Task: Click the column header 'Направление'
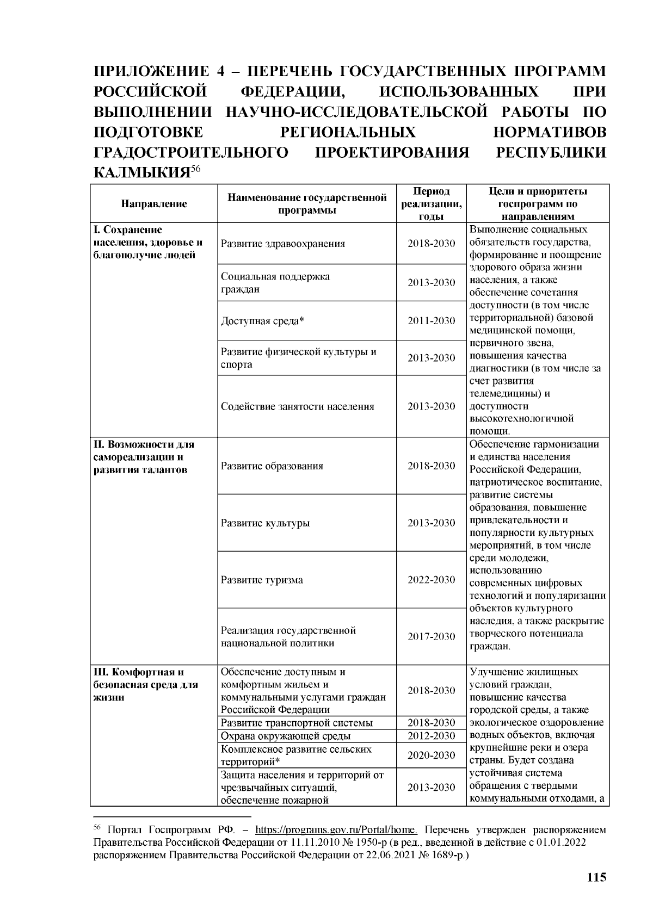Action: [x=153, y=204]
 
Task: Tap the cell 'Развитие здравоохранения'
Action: [x=283, y=244]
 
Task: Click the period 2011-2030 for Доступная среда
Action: [x=432, y=321]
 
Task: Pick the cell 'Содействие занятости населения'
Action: [x=298, y=406]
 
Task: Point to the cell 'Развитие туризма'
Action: [x=262, y=580]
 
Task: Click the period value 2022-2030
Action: [x=432, y=580]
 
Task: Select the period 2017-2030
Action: [x=432, y=636]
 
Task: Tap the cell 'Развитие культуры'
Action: [x=265, y=523]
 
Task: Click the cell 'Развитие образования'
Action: [x=272, y=466]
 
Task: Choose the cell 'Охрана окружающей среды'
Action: [x=286, y=736]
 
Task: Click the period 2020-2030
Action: [x=432, y=755]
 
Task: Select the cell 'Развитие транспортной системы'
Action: [x=297, y=723]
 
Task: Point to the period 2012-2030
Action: [x=432, y=736]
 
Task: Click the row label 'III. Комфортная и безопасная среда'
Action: [x=145, y=685]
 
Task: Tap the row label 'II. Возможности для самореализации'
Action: [x=144, y=457]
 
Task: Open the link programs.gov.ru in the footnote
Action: [x=336, y=831]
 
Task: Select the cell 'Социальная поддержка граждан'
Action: [x=275, y=283]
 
